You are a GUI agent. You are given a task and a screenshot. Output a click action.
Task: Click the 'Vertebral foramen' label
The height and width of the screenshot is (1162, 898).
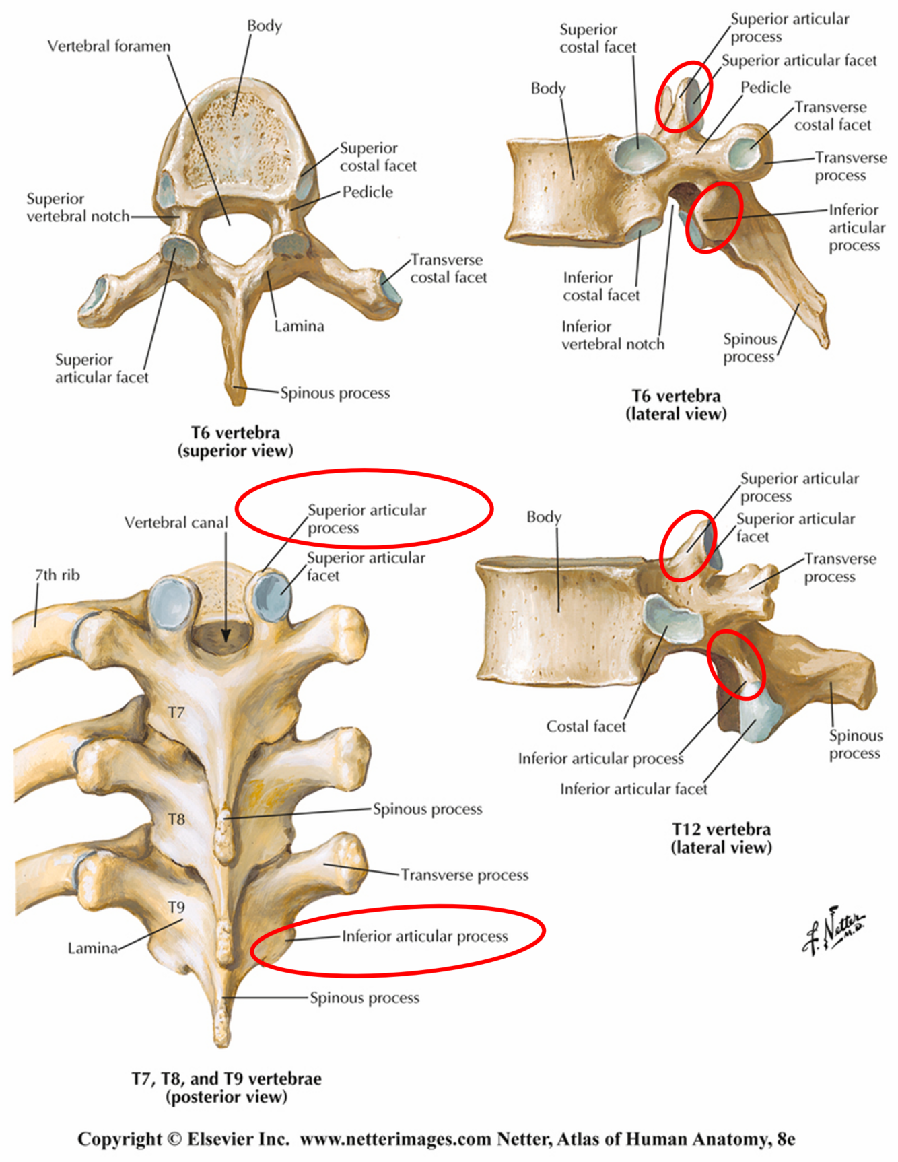point(109,46)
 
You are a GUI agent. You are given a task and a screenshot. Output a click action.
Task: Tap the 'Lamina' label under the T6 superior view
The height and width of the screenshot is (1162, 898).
point(299,327)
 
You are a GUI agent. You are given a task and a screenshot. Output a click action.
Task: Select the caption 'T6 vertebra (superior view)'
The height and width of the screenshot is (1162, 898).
point(236,442)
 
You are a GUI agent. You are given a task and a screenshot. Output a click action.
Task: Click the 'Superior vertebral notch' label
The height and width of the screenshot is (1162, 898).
point(77,207)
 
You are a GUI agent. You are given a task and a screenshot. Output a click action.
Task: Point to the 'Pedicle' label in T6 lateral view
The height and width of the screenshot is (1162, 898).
point(765,88)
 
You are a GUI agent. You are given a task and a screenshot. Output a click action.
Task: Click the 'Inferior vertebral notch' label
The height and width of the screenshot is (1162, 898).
point(613,335)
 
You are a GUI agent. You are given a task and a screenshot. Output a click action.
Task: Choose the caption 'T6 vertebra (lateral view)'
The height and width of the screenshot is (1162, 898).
point(676,405)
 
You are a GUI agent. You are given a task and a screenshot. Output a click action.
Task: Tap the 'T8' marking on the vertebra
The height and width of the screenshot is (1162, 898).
point(176,819)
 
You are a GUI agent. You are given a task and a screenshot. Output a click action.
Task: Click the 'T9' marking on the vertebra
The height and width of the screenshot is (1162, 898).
point(176,907)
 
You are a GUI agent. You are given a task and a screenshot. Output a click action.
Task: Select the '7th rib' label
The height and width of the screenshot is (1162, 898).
point(57,575)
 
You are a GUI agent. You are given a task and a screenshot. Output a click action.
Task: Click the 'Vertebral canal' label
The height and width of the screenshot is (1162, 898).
point(176,522)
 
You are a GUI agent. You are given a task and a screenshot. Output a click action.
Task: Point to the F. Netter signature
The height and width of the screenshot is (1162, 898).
point(833,930)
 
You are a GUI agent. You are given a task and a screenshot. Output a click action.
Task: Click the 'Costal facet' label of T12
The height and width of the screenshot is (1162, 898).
point(586,726)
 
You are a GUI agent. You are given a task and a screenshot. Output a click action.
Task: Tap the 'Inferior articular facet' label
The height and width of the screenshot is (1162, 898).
point(633,789)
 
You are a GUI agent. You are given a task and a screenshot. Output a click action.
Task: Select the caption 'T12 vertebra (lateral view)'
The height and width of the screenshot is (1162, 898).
point(721,838)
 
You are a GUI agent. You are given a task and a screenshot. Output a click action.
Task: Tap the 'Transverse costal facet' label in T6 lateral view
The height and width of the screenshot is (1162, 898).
point(832,116)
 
